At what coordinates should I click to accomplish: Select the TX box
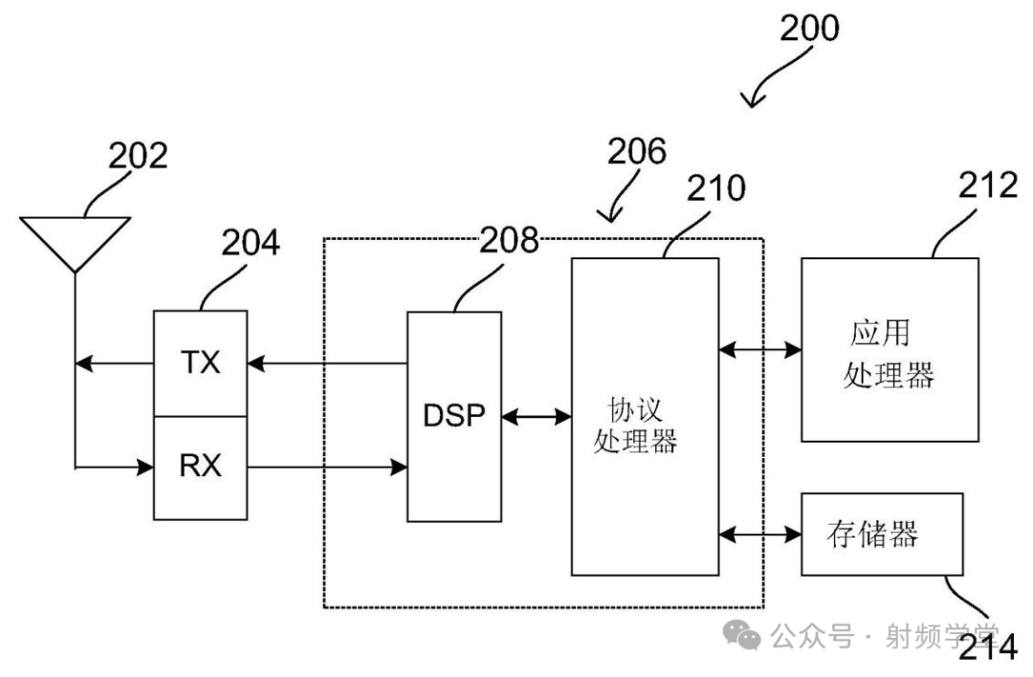200,363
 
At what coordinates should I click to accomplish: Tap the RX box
200,468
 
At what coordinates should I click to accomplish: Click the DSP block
454,417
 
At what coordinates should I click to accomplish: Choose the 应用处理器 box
889,349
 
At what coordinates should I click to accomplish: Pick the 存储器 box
881,534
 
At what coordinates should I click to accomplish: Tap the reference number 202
137,155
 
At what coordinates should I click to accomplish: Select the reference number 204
252,243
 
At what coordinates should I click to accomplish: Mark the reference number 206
636,151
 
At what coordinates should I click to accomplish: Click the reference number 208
508,241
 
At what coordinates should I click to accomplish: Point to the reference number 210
715,188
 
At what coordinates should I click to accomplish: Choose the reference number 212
987,186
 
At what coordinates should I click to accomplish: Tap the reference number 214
987,647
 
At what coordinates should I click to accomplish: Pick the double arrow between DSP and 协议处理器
536,417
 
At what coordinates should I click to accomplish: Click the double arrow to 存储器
759,533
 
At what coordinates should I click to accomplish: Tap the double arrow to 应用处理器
759,350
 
